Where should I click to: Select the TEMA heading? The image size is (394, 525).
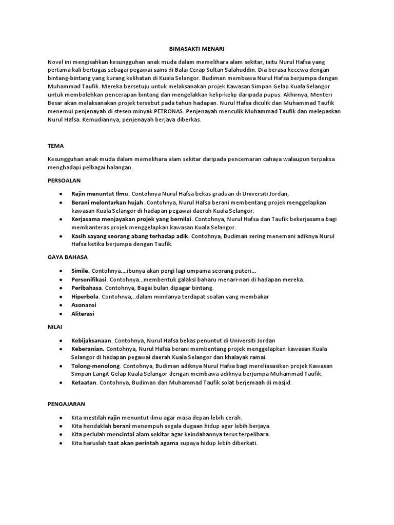tap(55, 146)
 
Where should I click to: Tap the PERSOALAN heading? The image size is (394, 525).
tap(65, 180)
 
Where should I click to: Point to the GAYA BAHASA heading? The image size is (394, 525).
tap(68, 257)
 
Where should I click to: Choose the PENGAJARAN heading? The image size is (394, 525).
tap(66, 404)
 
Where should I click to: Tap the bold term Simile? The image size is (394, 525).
tap(81, 270)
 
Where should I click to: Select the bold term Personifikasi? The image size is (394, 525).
tap(89, 279)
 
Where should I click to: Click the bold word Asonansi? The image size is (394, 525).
tap(84, 305)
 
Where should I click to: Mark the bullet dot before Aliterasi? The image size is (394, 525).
tap(61, 314)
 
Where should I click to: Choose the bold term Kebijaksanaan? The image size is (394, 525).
tap(92, 340)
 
